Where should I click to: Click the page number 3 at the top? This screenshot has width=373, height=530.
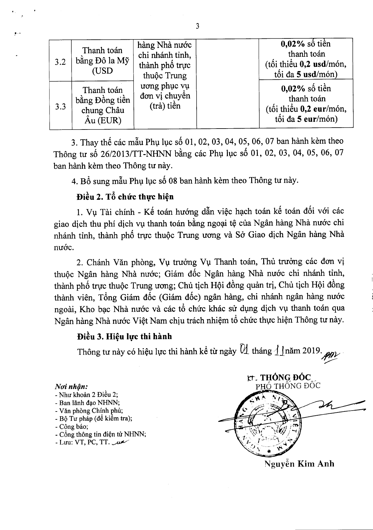click(198, 26)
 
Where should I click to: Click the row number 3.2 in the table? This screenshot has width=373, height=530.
click(60, 62)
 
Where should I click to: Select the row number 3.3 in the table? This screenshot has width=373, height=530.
click(60, 107)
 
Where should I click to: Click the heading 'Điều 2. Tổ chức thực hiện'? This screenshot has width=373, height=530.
click(125, 197)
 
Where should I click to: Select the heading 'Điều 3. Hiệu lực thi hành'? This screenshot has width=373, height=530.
click(124, 337)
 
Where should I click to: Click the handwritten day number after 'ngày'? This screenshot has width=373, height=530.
click(244, 350)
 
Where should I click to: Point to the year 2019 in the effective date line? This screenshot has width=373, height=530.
click(311, 351)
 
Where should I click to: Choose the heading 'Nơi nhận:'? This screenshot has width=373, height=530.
click(71, 387)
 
